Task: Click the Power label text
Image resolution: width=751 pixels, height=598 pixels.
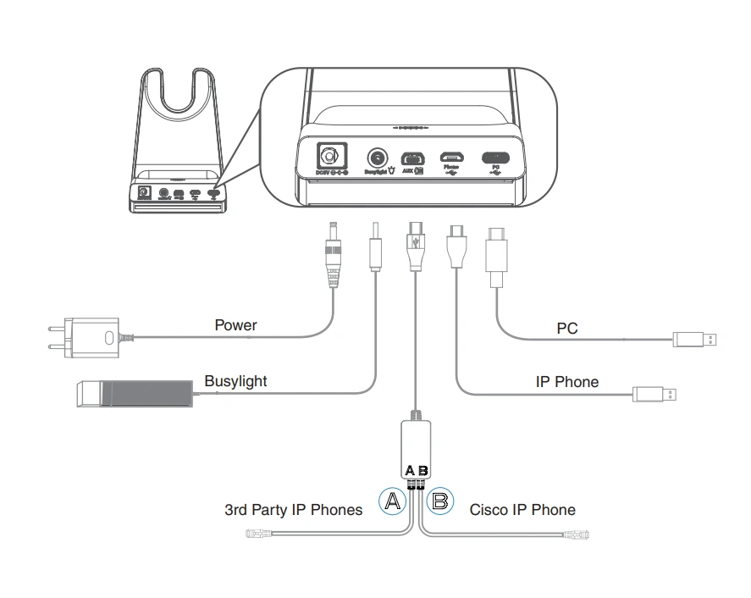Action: coord(235,325)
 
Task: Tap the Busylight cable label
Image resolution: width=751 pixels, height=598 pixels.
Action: coord(235,381)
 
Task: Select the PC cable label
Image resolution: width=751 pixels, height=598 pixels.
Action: coord(567,328)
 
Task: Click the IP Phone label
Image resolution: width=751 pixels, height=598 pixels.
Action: coord(566,382)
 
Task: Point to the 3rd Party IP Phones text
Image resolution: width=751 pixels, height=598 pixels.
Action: coord(293,510)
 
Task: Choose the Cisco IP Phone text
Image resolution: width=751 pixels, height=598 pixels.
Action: coord(522,510)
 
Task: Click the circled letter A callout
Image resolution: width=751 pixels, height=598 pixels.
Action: coord(391,501)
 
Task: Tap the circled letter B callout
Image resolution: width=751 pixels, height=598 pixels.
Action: coord(440,501)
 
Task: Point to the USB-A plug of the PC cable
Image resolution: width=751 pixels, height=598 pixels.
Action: coord(697,341)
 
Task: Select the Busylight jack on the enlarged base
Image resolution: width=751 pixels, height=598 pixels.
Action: coord(377,158)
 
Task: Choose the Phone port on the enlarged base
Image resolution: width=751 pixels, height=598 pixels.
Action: coord(450,157)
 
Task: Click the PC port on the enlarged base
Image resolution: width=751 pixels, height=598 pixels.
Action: coord(495,157)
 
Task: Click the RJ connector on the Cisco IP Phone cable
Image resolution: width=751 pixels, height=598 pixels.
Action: coord(581,534)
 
